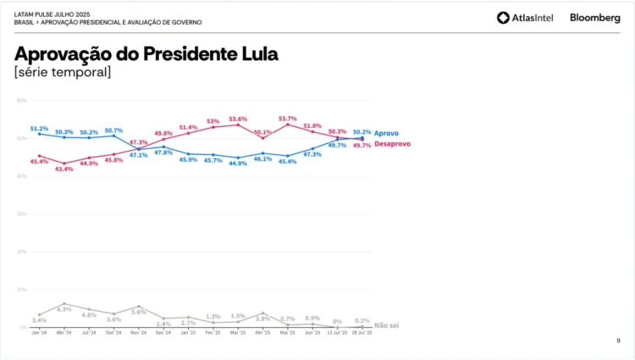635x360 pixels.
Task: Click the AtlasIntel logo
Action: tap(525, 18)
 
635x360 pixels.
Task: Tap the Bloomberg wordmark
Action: tap(595, 18)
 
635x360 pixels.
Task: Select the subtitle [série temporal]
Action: tap(62, 73)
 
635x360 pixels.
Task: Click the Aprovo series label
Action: tap(386, 134)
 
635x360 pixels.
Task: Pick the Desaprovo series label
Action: tap(392, 144)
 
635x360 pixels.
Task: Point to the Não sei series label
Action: tap(386, 325)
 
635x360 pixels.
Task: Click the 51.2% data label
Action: tap(39, 129)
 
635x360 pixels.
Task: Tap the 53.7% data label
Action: tap(287, 119)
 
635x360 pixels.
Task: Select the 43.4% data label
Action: tap(64, 169)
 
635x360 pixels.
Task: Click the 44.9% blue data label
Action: tap(238, 163)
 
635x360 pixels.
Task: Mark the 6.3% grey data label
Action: tap(64, 309)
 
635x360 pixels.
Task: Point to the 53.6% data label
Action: tap(238, 119)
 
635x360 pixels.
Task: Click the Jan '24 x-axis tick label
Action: tap(39, 334)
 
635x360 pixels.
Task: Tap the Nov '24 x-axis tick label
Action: tap(138, 334)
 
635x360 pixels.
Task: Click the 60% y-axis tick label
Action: tap(22, 101)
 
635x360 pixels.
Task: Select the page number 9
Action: tap(617, 341)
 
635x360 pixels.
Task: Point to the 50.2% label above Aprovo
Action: tap(362, 132)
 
